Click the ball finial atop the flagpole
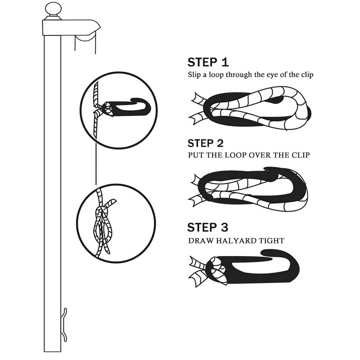point(53,9)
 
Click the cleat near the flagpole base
point(64,324)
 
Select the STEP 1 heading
point(208,62)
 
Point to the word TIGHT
point(270,241)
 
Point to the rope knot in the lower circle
point(104,216)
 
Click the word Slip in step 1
point(195,75)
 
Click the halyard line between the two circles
point(96,166)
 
